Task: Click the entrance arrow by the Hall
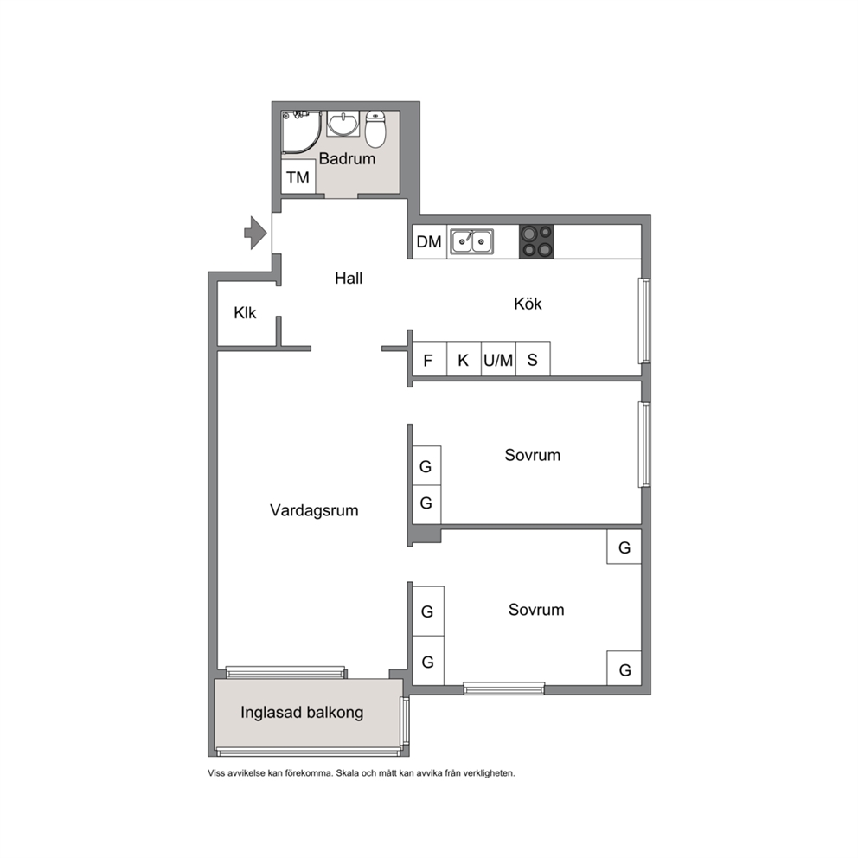coord(255,234)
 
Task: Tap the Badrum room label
coord(347,158)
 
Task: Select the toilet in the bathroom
coord(375,129)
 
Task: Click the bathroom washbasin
coord(343,124)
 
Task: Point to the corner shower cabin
coord(300,131)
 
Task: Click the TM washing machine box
coord(298,176)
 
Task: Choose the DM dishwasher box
coord(430,241)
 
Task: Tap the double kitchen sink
coord(471,241)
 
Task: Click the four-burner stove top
coord(536,241)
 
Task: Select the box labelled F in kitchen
coord(429,359)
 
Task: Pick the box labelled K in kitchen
coord(464,359)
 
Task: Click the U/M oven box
coord(498,359)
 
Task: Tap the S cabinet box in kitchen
coord(533,359)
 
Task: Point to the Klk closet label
coord(245,312)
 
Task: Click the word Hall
coord(349,278)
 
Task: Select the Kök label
coord(528,303)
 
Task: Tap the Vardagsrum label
coord(314,510)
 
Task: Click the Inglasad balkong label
coord(302,712)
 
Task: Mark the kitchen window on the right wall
coord(646,321)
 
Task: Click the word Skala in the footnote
coord(346,773)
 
